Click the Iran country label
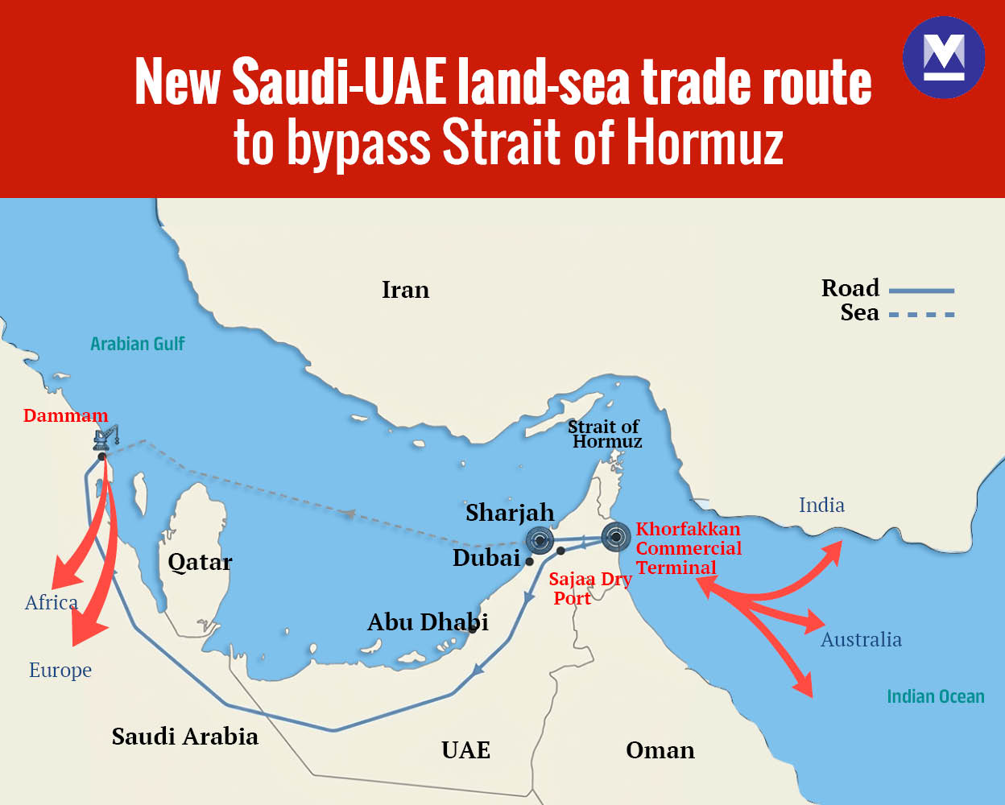tap(405, 290)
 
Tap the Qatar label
tap(200, 562)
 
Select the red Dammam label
tap(65, 415)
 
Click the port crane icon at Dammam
tap(105, 437)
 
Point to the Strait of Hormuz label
tap(605, 434)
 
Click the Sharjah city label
tap(510, 513)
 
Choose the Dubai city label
tap(486, 558)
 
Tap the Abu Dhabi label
tap(428, 622)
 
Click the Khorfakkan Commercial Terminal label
tap(689, 548)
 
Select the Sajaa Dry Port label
tap(589, 588)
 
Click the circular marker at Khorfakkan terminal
tap(616, 535)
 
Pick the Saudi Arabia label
tap(185, 737)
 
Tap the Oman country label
tap(660, 750)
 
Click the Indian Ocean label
tap(935, 696)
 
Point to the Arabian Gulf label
tap(138, 344)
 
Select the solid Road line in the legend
tap(921, 291)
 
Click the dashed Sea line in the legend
tap(921, 315)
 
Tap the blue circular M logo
tap(944, 58)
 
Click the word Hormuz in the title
tap(705, 143)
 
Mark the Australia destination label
tap(861, 640)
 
